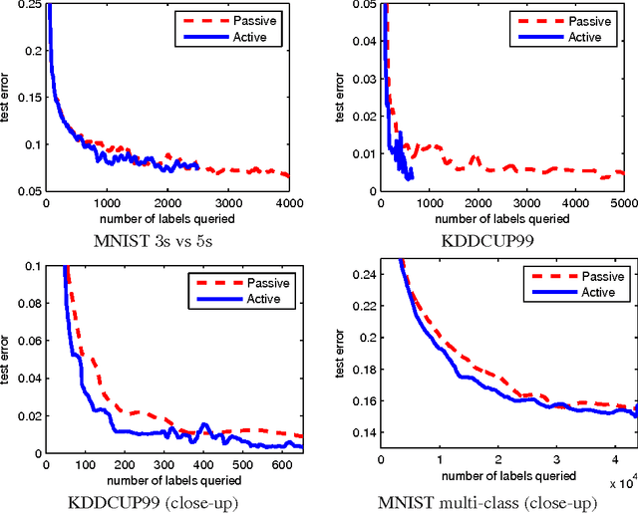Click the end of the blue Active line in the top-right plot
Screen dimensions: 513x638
[x=412, y=179]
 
